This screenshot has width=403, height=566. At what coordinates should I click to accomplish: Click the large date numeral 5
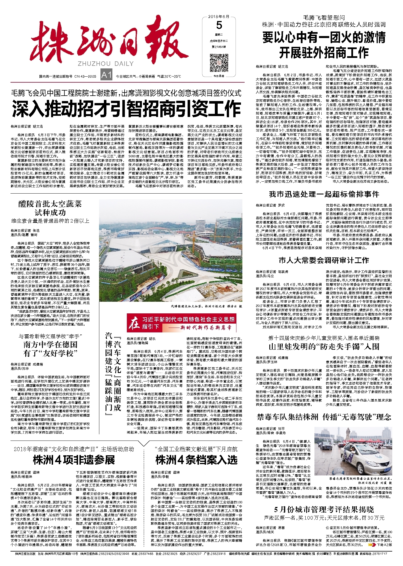pos(219,26)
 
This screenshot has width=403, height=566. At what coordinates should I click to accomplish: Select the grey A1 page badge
pos(106,75)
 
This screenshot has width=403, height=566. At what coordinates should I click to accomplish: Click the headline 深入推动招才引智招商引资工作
pos(126,109)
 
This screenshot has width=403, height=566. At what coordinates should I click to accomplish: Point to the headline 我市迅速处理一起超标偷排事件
pos(324,194)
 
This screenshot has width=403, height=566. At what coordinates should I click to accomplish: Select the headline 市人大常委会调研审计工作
pos(324,260)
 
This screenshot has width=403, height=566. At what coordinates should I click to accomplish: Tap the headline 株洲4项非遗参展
pos(74,460)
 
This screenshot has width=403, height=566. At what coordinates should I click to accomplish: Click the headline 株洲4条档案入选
pos(196,460)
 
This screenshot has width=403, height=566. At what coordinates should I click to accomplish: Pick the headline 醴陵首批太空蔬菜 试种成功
pos(50,208)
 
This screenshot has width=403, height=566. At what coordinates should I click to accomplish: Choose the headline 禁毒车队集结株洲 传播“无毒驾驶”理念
pos(324,417)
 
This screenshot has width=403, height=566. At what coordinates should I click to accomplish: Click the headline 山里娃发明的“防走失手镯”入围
pos(324,347)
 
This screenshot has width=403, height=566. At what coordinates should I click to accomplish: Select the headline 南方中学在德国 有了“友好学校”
pos(50,349)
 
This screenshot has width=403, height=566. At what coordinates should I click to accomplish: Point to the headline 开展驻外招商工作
pos(324,53)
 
